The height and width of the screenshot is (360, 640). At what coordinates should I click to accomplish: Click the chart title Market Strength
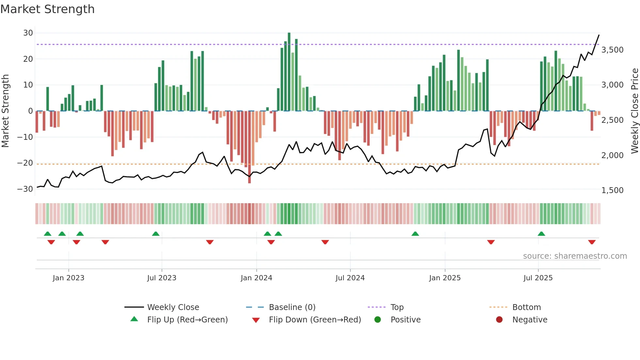47,9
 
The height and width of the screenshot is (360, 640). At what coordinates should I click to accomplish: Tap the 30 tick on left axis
28,33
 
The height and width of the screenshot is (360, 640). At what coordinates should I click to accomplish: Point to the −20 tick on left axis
25,163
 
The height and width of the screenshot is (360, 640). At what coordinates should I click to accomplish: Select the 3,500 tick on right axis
612,50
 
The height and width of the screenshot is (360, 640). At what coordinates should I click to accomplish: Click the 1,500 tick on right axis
612,190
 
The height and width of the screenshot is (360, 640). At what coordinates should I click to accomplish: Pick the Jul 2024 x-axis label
350,278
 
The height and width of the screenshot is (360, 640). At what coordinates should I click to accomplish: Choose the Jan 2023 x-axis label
69,278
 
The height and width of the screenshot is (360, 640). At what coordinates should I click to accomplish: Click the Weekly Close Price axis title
634,111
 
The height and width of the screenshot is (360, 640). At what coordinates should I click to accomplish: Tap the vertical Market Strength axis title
6,111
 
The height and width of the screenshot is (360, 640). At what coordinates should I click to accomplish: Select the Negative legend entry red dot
499,320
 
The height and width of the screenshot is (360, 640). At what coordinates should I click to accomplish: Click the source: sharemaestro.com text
575,256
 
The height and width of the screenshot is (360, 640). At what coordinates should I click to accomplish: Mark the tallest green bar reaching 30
289,72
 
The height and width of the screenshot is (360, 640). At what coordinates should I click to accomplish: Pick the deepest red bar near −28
249,147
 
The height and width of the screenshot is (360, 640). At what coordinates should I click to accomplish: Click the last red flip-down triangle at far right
592,242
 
